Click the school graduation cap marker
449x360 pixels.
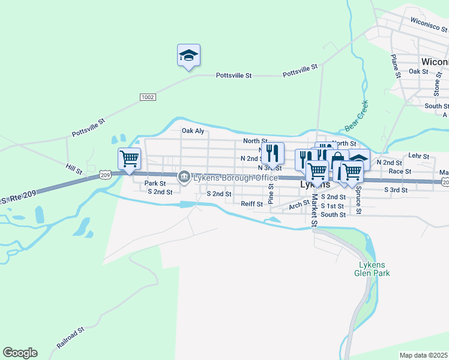point(188,56)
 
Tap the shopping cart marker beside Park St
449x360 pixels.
point(130,160)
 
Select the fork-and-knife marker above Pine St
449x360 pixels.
point(273,154)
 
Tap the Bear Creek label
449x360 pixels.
point(357,116)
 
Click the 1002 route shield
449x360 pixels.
point(148,97)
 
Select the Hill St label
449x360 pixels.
point(74,170)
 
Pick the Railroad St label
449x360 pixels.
point(71,338)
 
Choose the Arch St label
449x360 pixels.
point(298,205)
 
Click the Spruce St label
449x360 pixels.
point(358,203)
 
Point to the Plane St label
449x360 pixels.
point(395,66)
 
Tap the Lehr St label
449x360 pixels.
point(418,156)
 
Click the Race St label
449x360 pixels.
point(400,171)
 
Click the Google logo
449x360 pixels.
point(20,353)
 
